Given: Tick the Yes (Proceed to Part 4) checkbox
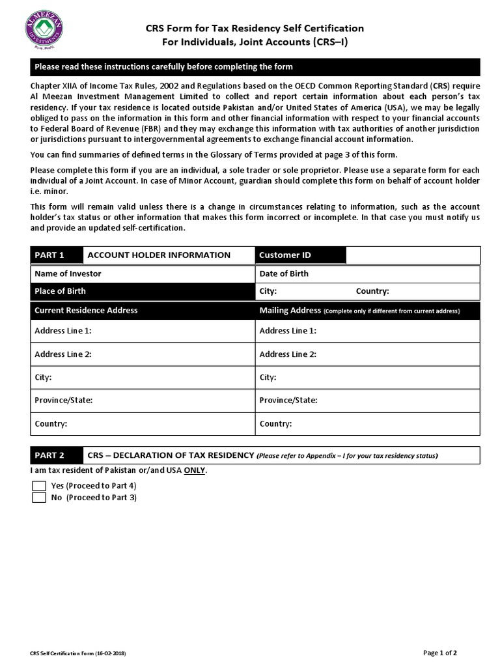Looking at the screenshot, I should [x=40, y=486].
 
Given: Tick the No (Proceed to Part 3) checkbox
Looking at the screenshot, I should [x=40, y=498].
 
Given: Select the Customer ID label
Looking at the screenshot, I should [x=285, y=255].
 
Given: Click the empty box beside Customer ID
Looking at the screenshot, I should [x=413, y=255].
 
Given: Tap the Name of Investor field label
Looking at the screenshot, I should [x=68, y=274].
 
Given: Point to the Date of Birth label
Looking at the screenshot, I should [x=284, y=274].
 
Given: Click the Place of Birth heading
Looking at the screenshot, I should [x=60, y=291].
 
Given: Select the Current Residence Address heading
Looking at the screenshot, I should [x=86, y=311].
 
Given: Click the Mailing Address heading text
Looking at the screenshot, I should [x=290, y=311].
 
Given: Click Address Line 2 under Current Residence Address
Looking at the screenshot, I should [x=63, y=354].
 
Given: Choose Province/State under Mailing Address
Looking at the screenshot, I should [x=288, y=400].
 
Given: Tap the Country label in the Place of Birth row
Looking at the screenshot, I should [x=372, y=291].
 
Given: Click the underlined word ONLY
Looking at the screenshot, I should [x=195, y=470].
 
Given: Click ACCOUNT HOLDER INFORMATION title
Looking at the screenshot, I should [x=159, y=255].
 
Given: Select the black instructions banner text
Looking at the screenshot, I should [x=163, y=67].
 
